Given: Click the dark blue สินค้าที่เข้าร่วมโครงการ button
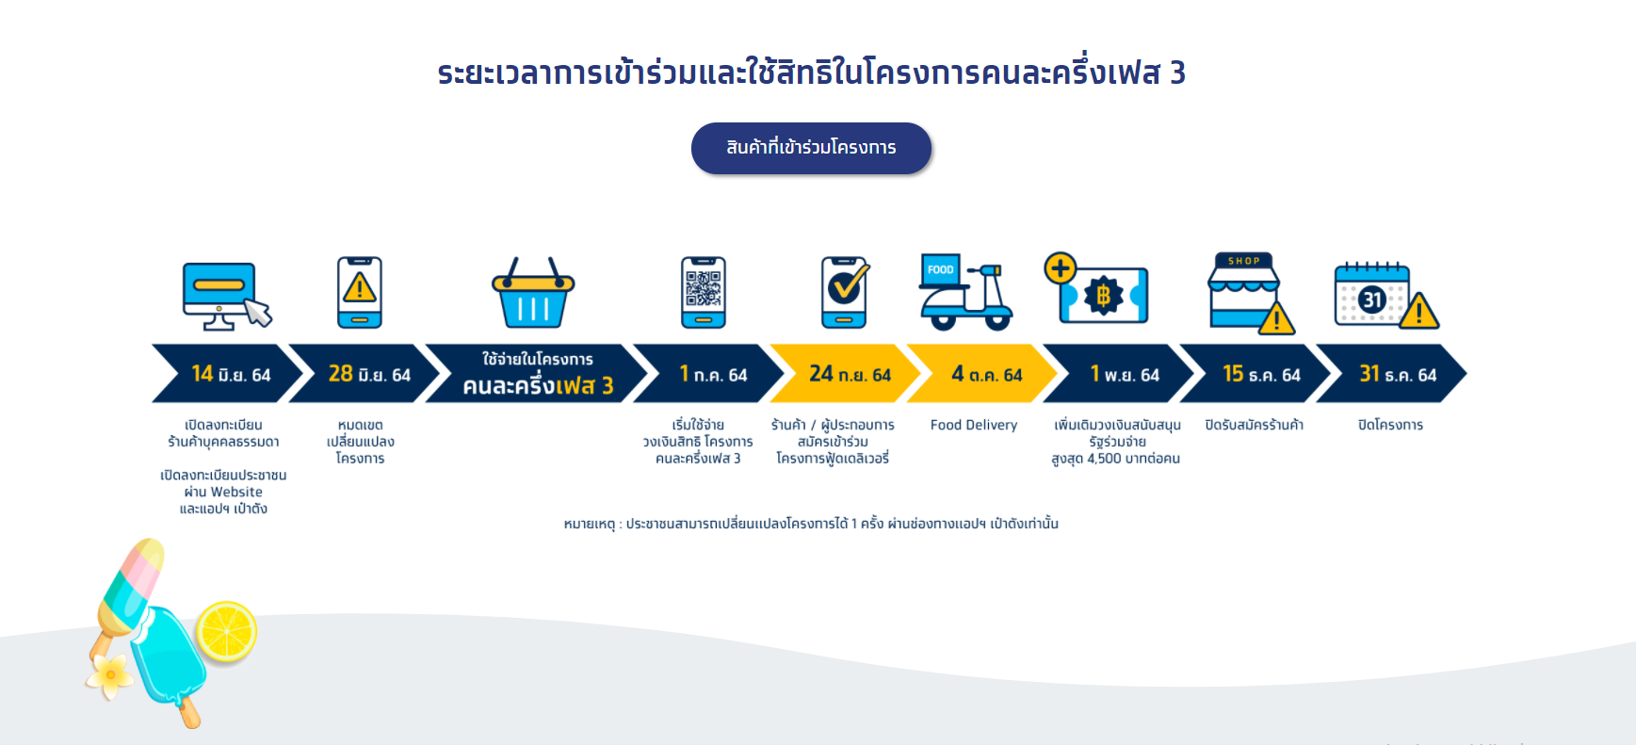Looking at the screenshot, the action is click(x=811, y=148).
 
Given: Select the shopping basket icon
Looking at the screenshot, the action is click(x=533, y=293).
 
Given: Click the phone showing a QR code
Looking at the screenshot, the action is click(x=704, y=292).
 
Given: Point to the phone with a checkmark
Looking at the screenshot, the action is click(x=845, y=292).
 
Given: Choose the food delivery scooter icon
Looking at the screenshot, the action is click(x=965, y=292).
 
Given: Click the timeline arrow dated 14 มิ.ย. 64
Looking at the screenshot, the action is click(x=227, y=374).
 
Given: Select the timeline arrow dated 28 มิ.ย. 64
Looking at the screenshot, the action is click(x=364, y=374).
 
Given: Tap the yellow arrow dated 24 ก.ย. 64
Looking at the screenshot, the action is click(x=845, y=374).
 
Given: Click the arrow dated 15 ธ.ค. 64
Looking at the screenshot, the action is click(x=1255, y=374).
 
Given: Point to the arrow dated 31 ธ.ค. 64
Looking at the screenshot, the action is click(x=1391, y=374).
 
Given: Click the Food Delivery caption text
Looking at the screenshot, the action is click(x=974, y=425).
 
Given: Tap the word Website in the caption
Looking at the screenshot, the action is click(x=236, y=492).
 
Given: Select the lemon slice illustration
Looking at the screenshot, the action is click(x=226, y=631).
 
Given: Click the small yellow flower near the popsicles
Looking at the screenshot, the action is click(x=109, y=676).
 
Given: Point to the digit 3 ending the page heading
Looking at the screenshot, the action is click(x=1177, y=73).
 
